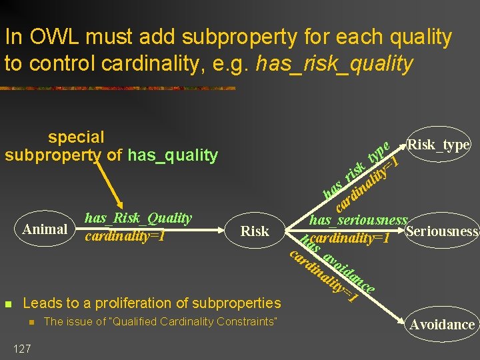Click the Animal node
[x=45, y=230]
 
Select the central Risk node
[x=255, y=231]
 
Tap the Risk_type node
[x=439, y=145]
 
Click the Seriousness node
[x=442, y=232]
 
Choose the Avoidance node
[x=442, y=325]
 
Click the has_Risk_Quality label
[x=138, y=218]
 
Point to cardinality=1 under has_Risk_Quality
[x=125, y=236]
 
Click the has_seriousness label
[x=359, y=220]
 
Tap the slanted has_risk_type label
[x=353, y=170]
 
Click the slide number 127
[x=21, y=348]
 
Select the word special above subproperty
[x=76, y=137]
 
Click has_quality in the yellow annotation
[x=173, y=156]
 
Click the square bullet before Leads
[x=8, y=304]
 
